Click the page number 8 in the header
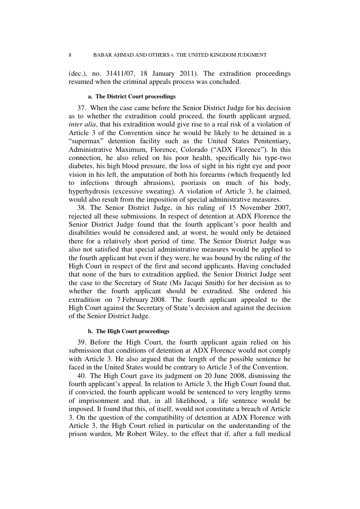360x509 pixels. tap(70, 55)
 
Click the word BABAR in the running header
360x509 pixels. tap(103, 55)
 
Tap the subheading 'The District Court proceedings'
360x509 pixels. tap(136, 97)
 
